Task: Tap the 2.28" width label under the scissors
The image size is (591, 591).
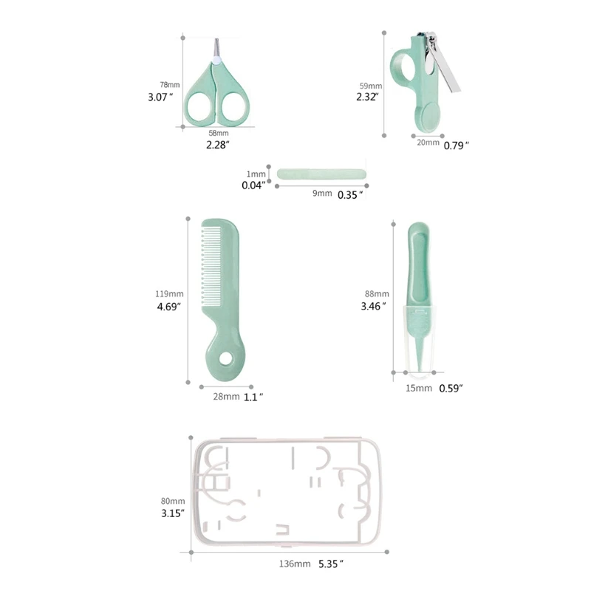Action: coord(217,145)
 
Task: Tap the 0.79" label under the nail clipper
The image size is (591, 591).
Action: coord(456,146)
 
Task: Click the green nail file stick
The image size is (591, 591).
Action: coord(322,174)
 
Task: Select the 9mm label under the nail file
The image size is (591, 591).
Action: coord(321,194)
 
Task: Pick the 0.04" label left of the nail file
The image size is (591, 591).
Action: coord(253,186)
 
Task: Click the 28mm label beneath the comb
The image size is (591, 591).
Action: coord(225,397)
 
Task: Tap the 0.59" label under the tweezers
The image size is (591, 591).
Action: coord(451,388)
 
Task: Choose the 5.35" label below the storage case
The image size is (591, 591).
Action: coord(331,564)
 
